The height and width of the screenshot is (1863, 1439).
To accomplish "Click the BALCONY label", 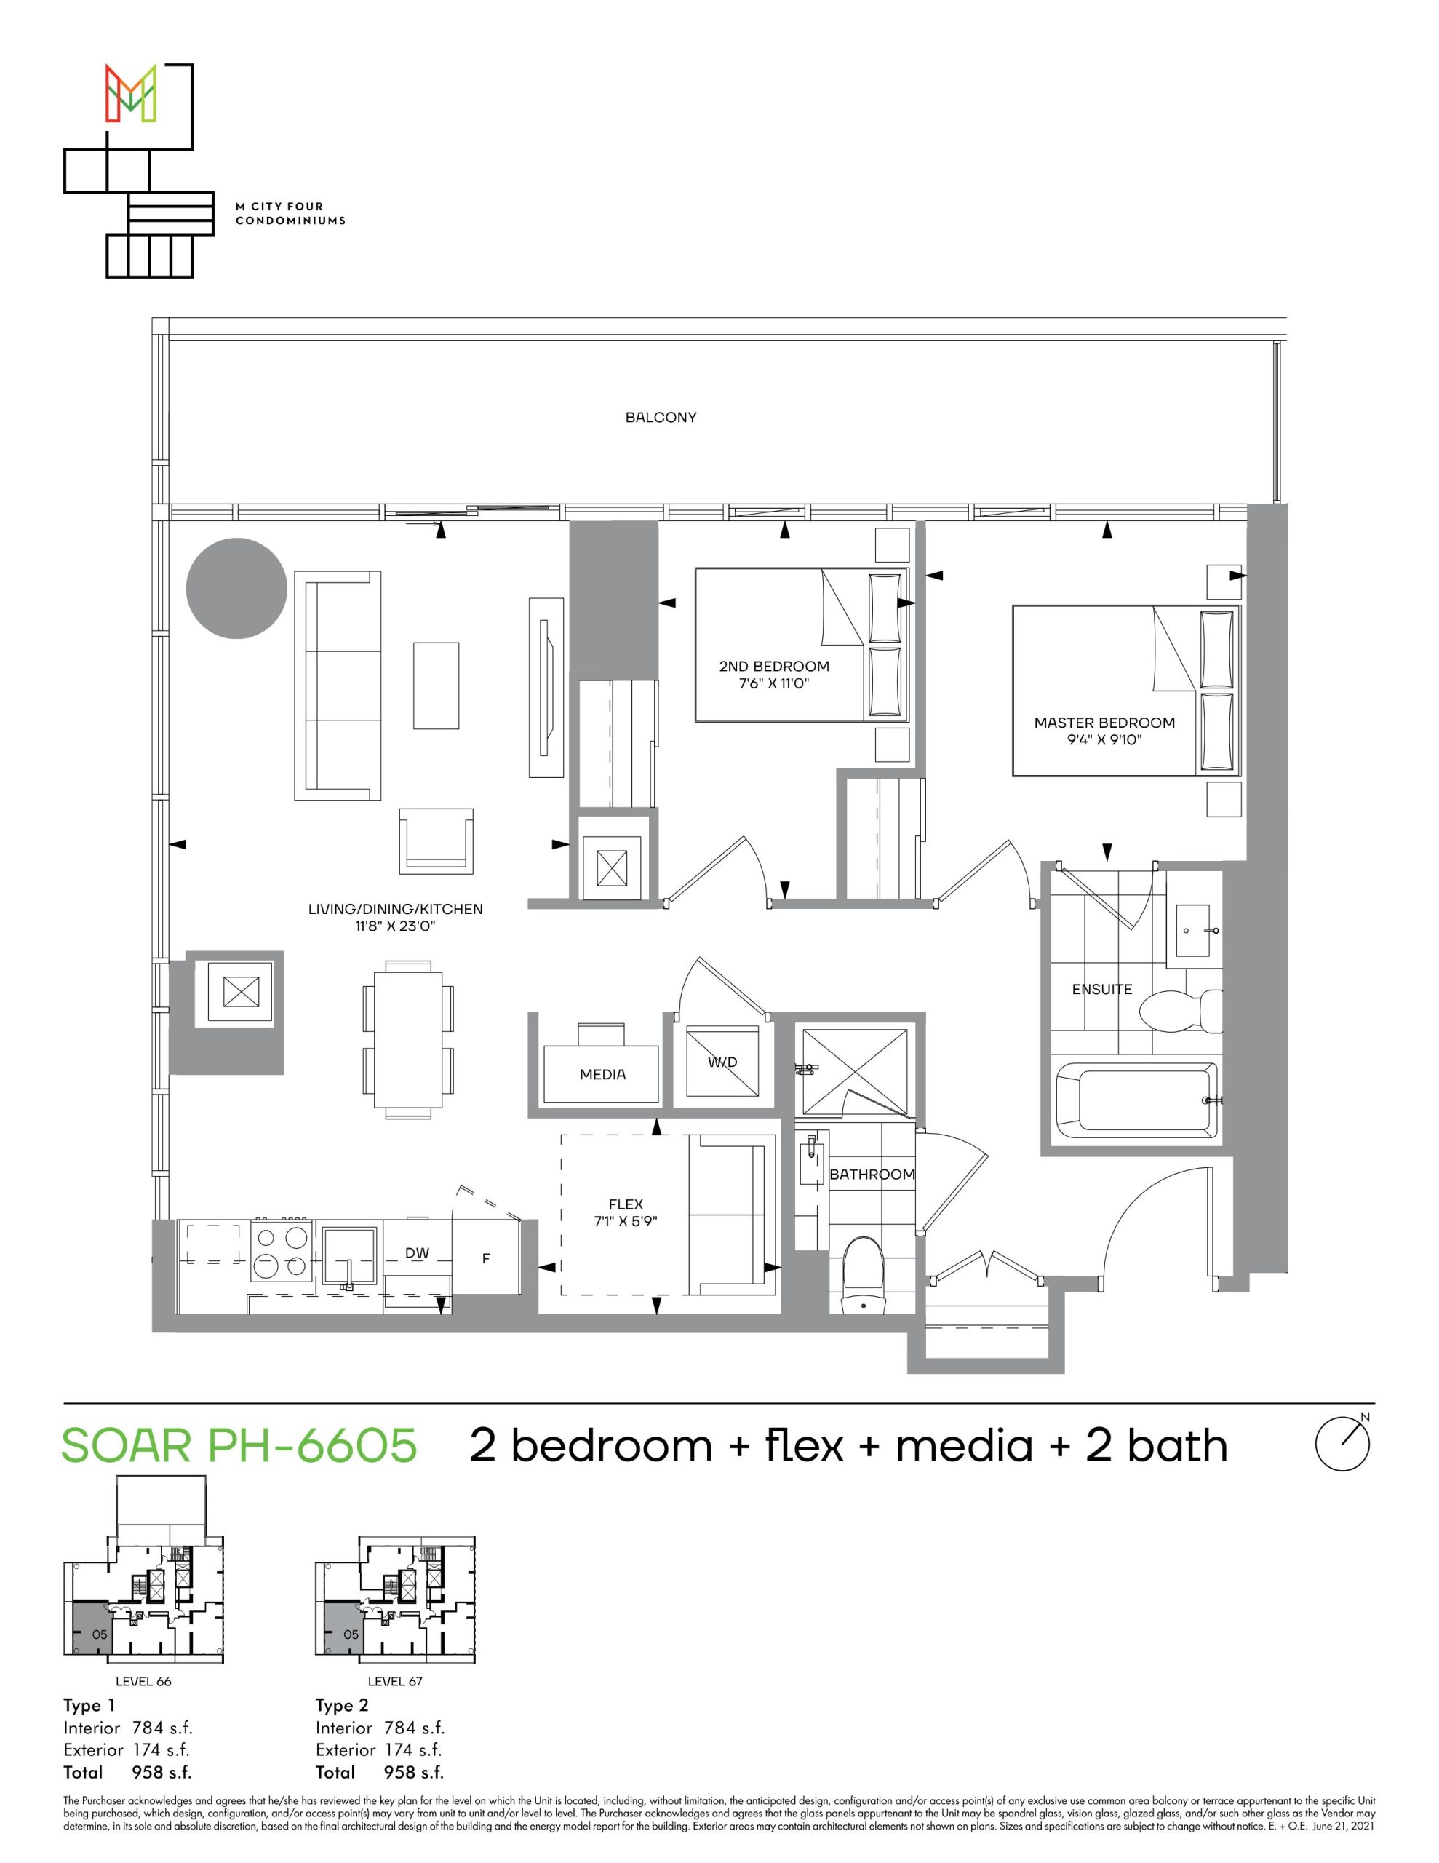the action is [661, 417].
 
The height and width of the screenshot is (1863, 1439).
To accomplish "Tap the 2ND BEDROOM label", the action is [773, 666].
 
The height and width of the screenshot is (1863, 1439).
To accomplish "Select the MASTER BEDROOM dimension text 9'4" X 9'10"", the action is [1104, 739].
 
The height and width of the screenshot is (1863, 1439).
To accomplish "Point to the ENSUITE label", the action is [1102, 989].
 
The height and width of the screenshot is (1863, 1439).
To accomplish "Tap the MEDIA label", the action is [602, 1075].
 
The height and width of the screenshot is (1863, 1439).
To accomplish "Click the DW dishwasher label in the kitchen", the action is [417, 1253].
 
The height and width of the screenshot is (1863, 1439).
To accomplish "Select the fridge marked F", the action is [486, 1258].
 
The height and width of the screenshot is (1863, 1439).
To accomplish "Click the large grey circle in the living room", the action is [236, 588].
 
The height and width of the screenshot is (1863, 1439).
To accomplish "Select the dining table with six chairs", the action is [407, 1039].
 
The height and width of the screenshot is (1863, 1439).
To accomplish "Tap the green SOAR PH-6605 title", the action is [239, 1445].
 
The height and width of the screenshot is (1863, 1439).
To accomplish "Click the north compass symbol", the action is [1344, 1442].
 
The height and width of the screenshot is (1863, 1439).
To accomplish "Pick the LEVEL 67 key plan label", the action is [395, 1681].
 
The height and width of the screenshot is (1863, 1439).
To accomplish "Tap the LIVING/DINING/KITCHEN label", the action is [395, 910].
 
